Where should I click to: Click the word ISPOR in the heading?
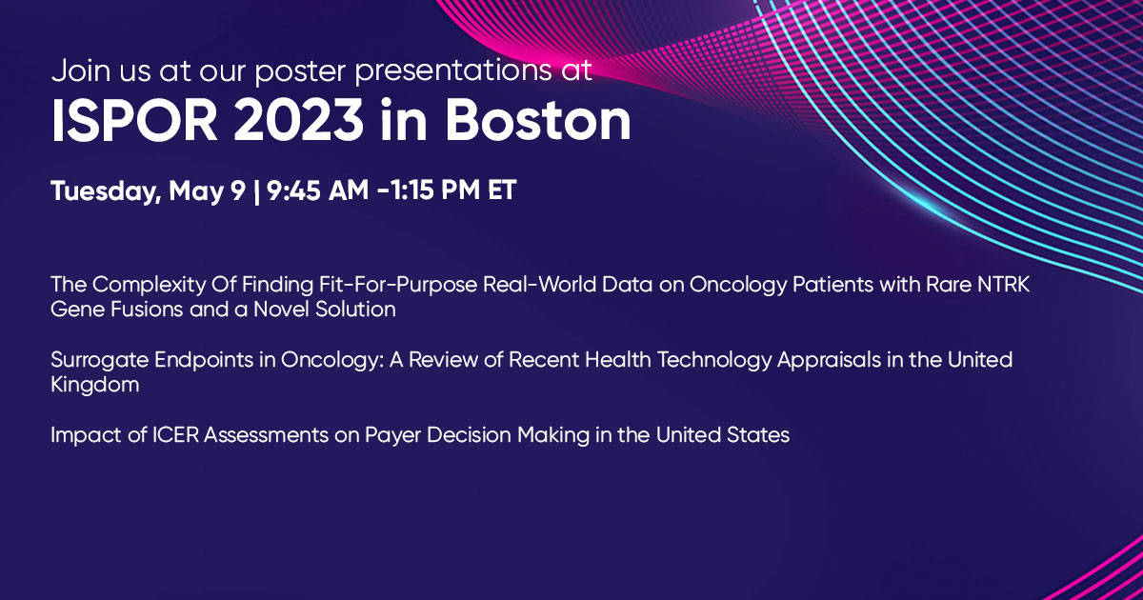pyautogui.click(x=134, y=120)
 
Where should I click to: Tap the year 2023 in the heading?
pyautogui.click(x=298, y=120)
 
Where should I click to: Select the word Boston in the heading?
pyautogui.click(x=538, y=120)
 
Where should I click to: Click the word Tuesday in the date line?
pyautogui.click(x=106, y=191)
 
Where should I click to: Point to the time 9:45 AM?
pyautogui.click(x=317, y=190)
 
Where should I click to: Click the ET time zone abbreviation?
pyautogui.click(x=502, y=190)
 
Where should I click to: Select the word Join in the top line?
pyautogui.click(x=81, y=70)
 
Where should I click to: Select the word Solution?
pyautogui.click(x=355, y=310)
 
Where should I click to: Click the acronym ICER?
pyautogui.click(x=175, y=435)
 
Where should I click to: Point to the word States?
pyautogui.click(x=758, y=435)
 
